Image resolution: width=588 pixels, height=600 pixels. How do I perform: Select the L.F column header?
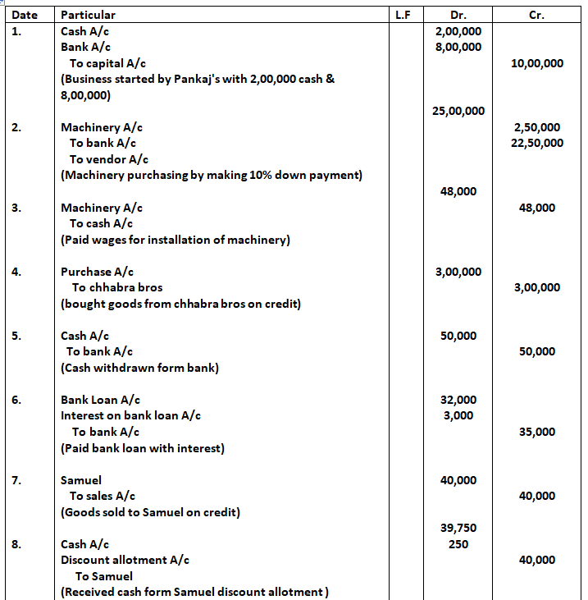click(403, 15)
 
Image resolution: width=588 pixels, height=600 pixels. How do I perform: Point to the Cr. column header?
click(537, 15)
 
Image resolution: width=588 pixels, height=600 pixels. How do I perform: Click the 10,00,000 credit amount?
click(536, 63)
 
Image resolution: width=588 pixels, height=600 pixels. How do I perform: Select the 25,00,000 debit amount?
click(458, 111)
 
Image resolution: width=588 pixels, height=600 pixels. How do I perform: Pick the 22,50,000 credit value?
click(536, 143)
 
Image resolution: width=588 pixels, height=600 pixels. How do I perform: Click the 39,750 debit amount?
click(458, 528)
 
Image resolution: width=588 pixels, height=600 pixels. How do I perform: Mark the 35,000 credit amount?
click(536, 432)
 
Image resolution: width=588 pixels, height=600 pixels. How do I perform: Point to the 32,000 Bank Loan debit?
click(458, 400)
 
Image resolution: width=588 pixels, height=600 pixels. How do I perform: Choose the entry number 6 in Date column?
click(16, 400)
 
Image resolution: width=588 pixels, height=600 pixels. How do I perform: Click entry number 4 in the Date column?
click(16, 272)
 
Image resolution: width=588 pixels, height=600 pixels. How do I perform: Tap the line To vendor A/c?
click(109, 159)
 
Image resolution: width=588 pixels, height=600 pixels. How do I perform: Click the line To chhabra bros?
click(117, 287)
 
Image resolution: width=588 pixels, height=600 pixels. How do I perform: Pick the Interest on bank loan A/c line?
click(131, 415)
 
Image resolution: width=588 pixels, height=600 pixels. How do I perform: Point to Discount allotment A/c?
click(125, 560)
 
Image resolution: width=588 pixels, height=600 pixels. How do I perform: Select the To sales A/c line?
click(103, 496)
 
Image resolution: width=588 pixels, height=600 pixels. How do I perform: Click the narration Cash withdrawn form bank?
click(139, 368)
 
